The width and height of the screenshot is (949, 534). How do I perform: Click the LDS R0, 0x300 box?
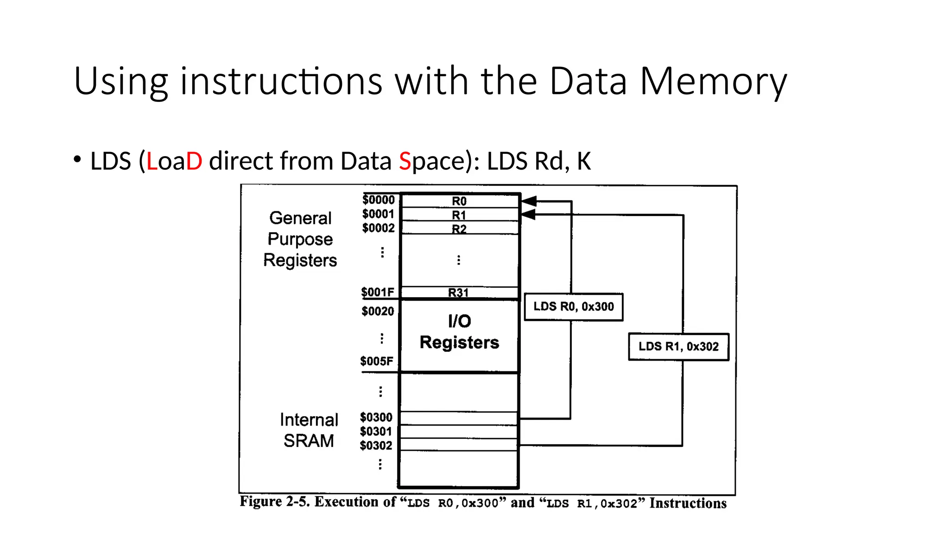tap(573, 307)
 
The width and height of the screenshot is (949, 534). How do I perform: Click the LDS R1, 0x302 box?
tap(678, 347)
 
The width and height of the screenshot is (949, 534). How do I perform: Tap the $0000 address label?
tap(378, 200)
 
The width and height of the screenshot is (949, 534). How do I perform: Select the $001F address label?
tap(378, 292)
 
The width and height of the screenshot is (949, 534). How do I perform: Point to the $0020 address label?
tap(378, 311)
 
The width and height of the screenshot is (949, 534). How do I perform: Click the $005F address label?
tap(377, 361)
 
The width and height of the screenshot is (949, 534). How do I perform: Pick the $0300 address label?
tap(376, 417)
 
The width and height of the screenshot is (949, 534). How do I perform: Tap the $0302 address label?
tap(376, 445)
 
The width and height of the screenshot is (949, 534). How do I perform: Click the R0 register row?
tap(459, 201)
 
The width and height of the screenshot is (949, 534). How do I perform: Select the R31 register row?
tap(458, 292)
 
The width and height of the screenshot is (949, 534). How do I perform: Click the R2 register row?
tap(459, 229)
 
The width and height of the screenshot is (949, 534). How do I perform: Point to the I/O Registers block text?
tap(459, 332)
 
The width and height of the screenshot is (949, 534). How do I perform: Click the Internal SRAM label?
tap(309, 430)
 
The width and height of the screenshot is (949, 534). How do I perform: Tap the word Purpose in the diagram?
tap(300, 239)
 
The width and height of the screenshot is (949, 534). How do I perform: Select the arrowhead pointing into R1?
tap(528, 215)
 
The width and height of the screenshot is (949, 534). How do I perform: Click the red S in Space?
tap(405, 161)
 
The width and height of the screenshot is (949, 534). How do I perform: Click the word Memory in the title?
tap(713, 82)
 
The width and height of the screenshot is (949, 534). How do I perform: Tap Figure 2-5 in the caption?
tap(274, 502)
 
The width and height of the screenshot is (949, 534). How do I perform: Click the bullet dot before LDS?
tap(77, 160)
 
